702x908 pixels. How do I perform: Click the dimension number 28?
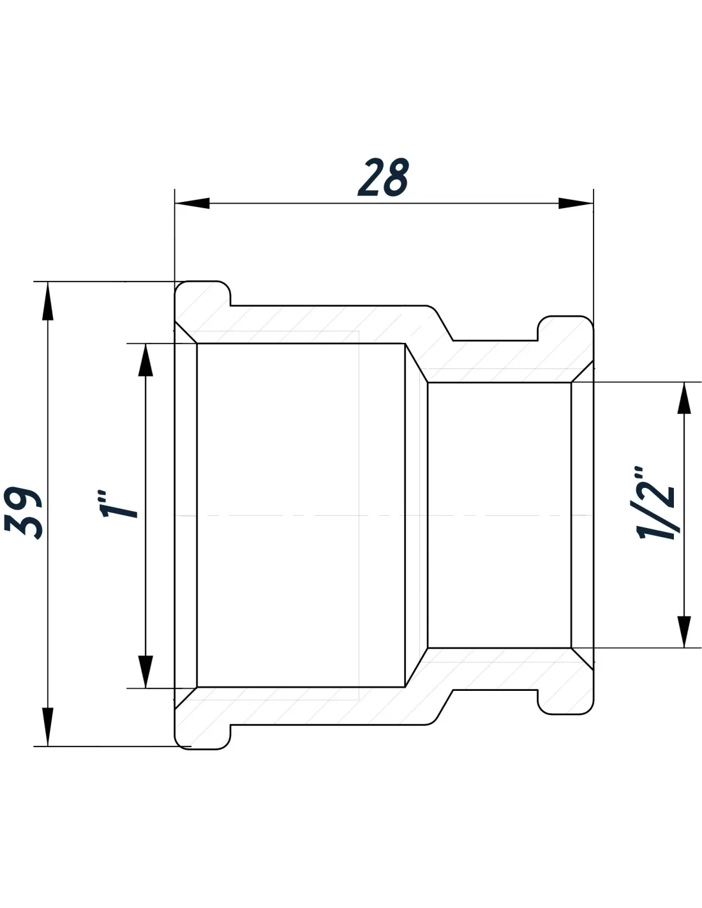coord(383,177)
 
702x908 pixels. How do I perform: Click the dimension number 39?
coord(24,513)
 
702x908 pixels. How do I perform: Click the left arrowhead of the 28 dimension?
coord(192,204)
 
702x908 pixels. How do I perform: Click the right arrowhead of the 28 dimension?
coord(576,204)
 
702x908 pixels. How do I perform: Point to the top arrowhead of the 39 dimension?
coord(48,301)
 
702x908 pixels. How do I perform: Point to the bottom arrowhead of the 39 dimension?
coord(48,727)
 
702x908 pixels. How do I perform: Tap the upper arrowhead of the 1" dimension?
coord(146,359)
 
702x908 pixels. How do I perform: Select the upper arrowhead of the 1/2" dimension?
coord(684,398)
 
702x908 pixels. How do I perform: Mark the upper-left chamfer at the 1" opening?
coord(186,333)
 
